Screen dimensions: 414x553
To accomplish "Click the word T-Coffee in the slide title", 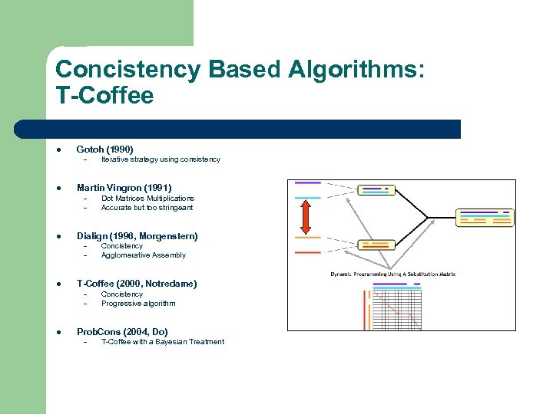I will click(x=104, y=96).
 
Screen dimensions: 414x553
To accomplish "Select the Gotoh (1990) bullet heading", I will click(x=104, y=149).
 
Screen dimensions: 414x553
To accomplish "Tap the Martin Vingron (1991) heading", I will click(x=124, y=188).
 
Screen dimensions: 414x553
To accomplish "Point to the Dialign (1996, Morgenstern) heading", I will click(x=137, y=236).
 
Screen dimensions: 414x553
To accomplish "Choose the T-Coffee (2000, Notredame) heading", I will click(x=136, y=284).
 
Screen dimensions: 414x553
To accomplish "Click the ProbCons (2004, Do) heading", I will click(x=121, y=332).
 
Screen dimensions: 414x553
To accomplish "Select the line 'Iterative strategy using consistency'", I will click(x=161, y=159).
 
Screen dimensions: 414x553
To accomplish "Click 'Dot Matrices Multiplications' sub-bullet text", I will click(x=147, y=199).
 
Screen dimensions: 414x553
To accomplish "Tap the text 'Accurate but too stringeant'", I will click(x=147, y=208).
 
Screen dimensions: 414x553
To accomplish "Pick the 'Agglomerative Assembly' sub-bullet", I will click(x=143, y=255).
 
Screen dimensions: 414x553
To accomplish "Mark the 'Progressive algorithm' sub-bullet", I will click(x=138, y=304).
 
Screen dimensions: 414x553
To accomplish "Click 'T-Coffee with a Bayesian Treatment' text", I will click(x=163, y=342).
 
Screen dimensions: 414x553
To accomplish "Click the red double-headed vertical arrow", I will click(x=305, y=216).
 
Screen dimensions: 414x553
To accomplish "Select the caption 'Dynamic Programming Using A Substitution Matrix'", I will click(x=392, y=274).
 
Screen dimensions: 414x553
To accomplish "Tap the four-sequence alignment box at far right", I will click(x=484, y=217).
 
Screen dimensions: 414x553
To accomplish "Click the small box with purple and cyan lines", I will click(x=376, y=190).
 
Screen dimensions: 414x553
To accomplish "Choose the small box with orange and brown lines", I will click(x=375, y=245).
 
